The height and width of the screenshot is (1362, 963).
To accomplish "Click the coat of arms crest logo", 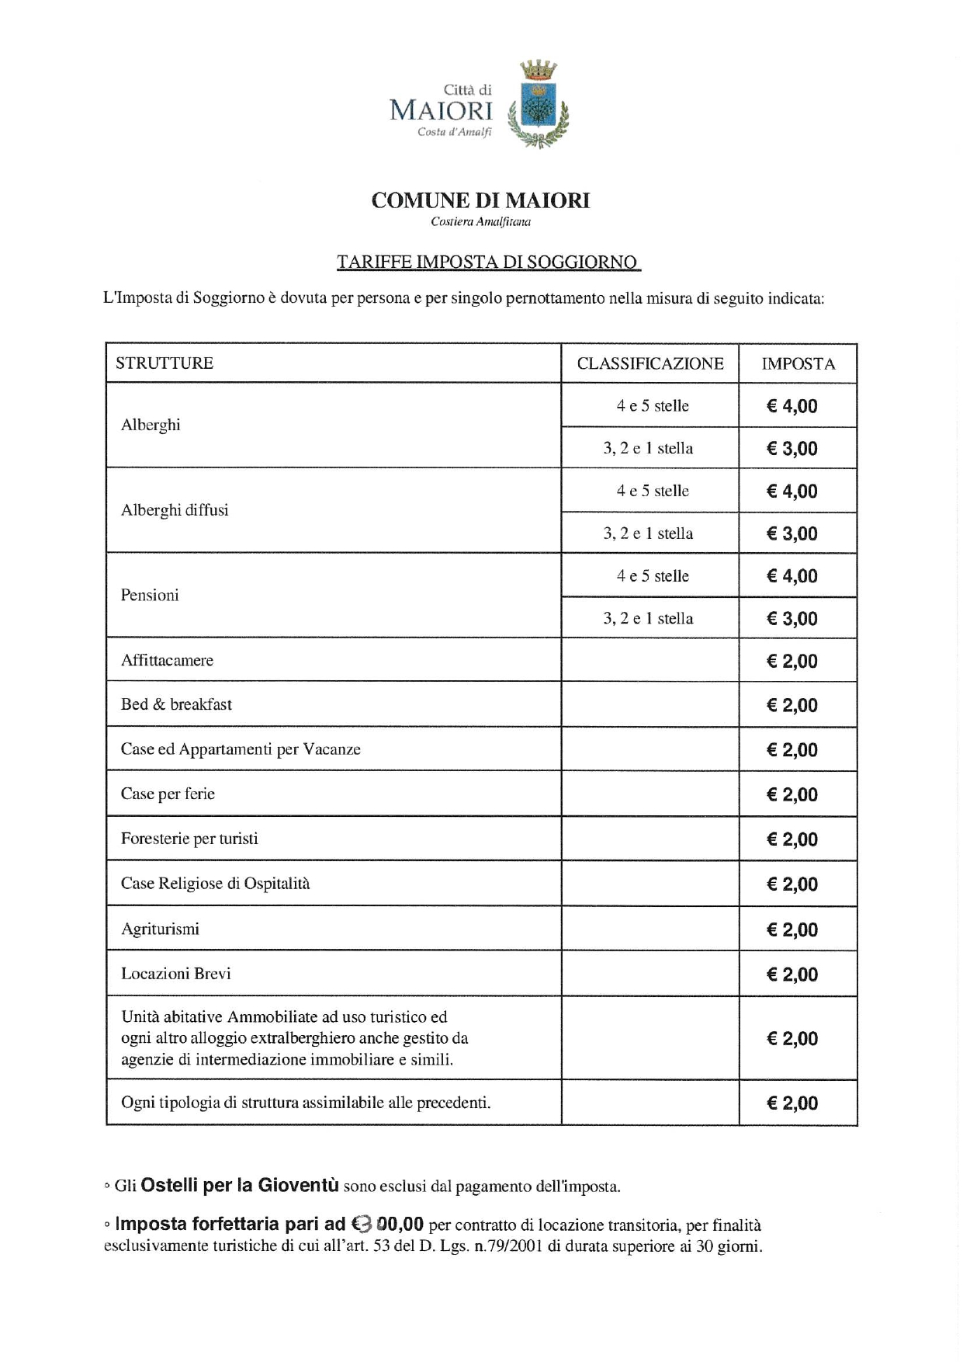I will (x=539, y=106).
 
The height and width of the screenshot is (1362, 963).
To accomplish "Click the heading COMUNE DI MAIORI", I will (x=480, y=200).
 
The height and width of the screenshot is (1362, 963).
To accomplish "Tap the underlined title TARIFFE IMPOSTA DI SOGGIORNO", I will (x=487, y=262).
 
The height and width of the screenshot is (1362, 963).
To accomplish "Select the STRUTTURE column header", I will (x=165, y=363).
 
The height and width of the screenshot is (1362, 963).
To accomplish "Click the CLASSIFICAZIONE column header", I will (x=650, y=363).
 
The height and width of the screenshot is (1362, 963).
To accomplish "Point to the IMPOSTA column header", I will (x=798, y=363).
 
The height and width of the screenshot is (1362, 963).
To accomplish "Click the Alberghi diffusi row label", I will (x=175, y=510).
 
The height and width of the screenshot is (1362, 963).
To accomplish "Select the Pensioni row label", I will (x=150, y=595).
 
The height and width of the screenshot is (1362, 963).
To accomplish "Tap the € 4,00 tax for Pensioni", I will (x=792, y=576).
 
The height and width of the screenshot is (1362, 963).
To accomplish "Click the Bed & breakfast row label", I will (x=176, y=704).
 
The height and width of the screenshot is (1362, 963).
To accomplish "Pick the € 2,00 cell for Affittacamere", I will (x=792, y=662).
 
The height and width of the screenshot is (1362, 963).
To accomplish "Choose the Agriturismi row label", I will (x=160, y=929).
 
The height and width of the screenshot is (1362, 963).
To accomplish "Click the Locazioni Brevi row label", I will (x=176, y=974).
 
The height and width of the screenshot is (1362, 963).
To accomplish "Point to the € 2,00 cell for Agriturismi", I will (x=792, y=929).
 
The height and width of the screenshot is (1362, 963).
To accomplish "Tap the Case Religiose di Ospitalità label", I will (x=215, y=884).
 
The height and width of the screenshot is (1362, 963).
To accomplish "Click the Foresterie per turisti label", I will (x=189, y=839).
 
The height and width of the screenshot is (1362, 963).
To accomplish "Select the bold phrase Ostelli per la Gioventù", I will (x=240, y=1186).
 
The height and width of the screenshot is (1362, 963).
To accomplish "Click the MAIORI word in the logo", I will (x=441, y=110).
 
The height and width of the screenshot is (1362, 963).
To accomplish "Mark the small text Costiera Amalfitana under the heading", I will (x=480, y=222).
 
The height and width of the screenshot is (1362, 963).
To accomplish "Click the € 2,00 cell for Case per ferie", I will (x=792, y=794).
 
